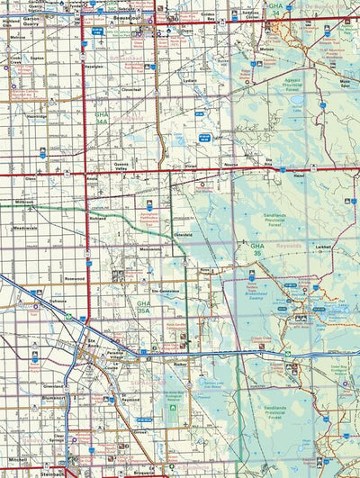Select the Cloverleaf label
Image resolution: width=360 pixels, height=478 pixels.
(x=131, y=89)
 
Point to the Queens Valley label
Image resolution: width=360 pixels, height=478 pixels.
(x=123, y=165)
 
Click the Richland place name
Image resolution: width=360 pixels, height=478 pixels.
(x=99, y=218)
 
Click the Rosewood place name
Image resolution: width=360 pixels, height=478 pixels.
(x=76, y=278)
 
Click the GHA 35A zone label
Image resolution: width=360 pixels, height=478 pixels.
(x=142, y=310)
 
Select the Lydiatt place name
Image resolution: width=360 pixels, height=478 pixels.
(x=190, y=79)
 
